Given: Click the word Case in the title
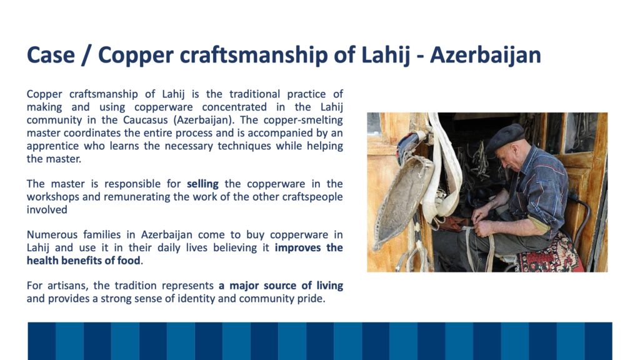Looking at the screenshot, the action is point(51,55).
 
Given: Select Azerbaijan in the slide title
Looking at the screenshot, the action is point(485,56).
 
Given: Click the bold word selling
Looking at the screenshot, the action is point(203,184).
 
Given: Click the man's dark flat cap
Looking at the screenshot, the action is point(505,137).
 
